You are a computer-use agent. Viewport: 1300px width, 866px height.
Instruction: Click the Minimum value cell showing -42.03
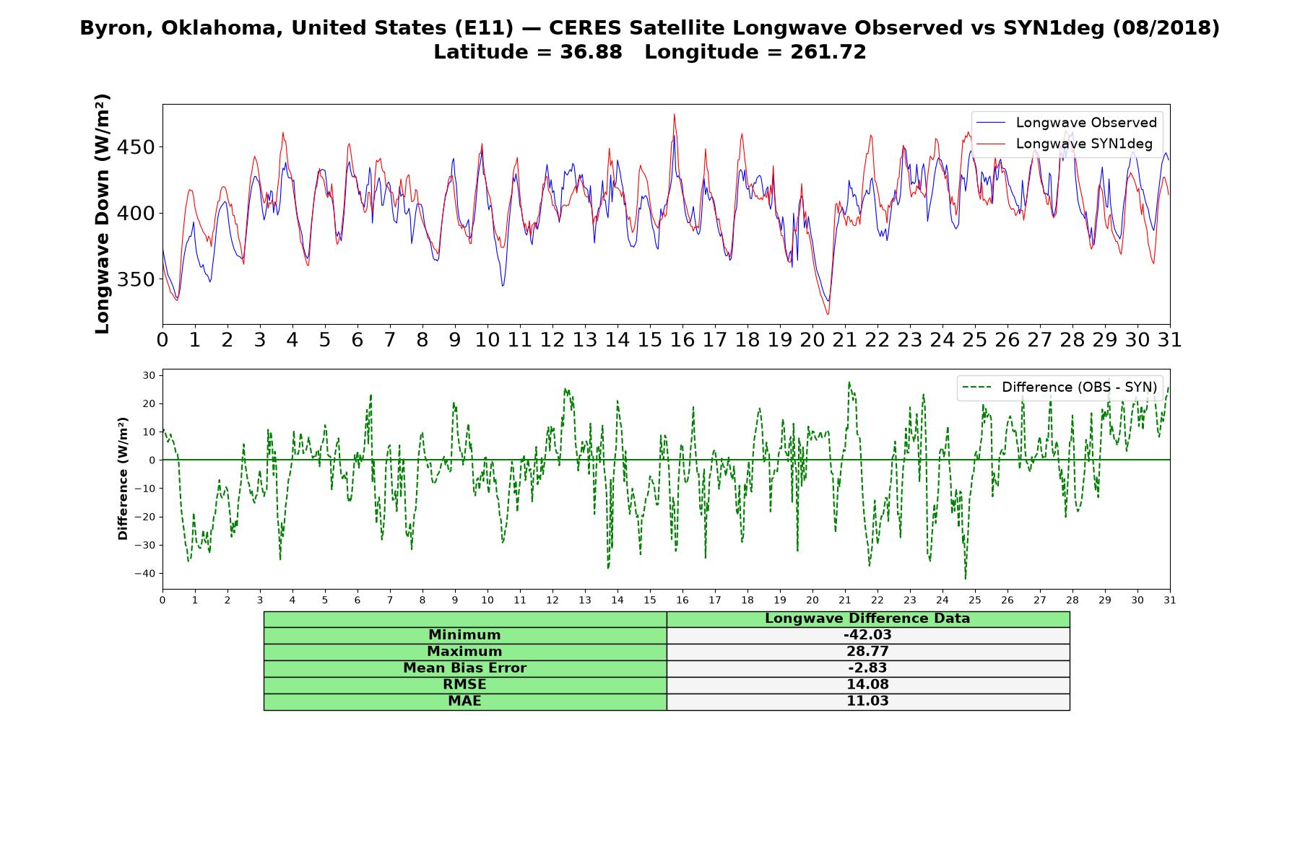pyautogui.click(x=867, y=635)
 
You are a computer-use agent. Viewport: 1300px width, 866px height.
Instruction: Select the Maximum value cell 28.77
pyautogui.click(x=867, y=652)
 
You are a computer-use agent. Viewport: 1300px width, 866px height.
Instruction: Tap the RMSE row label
pyautogui.click(x=464, y=684)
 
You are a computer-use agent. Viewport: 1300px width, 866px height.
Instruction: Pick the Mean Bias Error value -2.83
pyautogui.click(x=867, y=668)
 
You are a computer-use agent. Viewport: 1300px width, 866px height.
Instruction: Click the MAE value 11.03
pyautogui.click(x=867, y=701)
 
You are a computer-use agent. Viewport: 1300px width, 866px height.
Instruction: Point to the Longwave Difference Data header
pyautogui.click(x=867, y=618)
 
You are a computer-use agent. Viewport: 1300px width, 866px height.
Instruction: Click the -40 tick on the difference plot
pyautogui.click(x=147, y=574)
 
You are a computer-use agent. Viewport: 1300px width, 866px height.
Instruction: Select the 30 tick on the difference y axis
pyautogui.click(x=149, y=375)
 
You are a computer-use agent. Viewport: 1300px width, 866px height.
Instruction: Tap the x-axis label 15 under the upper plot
pyautogui.click(x=649, y=340)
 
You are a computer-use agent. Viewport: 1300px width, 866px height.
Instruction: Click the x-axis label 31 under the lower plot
pyautogui.click(x=1170, y=600)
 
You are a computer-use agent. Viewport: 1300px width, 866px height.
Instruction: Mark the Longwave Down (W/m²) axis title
pyautogui.click(x=102, y=214)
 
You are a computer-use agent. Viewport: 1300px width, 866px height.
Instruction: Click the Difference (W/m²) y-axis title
pyautogui.click(x=123, y=478)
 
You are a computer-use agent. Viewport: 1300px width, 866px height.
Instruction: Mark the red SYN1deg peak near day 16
pyautogui.click(x=675, y=114)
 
